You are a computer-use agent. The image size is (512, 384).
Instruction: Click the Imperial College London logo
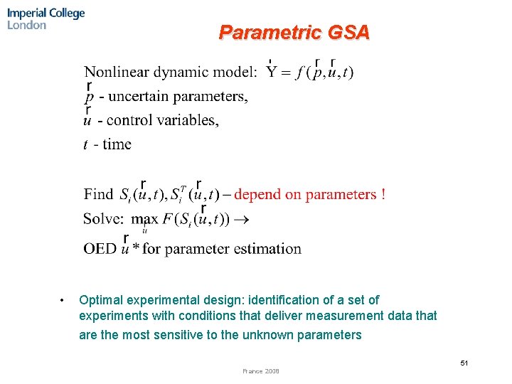[46, 19]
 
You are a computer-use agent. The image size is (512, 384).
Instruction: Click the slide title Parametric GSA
[294, 33]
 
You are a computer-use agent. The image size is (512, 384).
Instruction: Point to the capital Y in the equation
[272, 72]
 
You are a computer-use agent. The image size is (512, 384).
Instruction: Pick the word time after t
[117, 144]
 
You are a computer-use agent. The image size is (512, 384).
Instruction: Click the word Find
[99, 194]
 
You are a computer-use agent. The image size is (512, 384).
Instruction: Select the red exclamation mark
[383, 194]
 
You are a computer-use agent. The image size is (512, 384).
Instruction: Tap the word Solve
[102, 219]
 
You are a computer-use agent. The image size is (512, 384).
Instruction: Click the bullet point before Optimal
[63, 300]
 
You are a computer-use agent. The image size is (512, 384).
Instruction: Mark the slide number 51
[464, 363]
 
